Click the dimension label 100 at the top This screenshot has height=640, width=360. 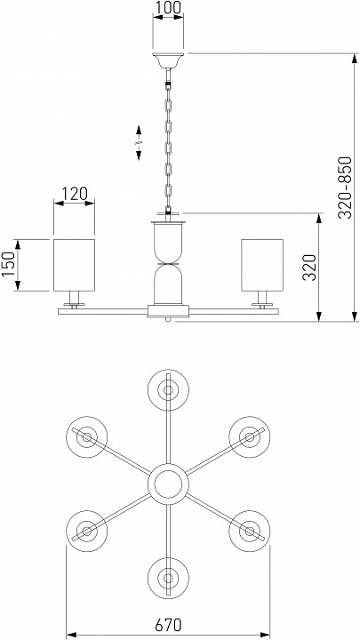coord(168,7)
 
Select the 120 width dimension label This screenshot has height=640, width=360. coord(75,194)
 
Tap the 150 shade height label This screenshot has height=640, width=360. coord(8,264)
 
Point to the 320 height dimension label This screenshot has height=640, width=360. coord(310,268)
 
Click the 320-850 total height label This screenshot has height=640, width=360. coord(345,188)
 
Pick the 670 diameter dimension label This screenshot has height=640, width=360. coord(168,624)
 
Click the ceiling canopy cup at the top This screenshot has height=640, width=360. coord(168,60)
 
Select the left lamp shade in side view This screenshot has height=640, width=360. coord(75,265)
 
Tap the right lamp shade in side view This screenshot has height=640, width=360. coord(262,265)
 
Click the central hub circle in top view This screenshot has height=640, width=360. coord(168,484)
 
